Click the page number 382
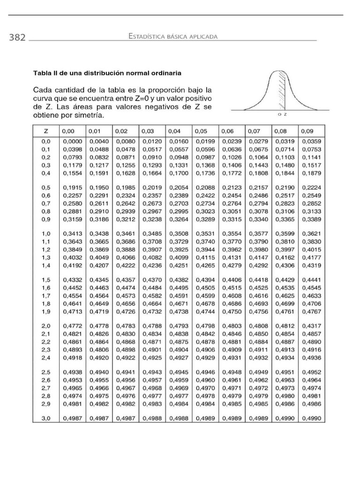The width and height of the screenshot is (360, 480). pos(17,37)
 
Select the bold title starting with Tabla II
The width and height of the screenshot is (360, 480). pos(107,73)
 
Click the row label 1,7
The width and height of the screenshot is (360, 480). pos(46,296)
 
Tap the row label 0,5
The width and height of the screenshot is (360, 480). pos(46,187)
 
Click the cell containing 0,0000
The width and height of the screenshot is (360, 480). pos(72,141)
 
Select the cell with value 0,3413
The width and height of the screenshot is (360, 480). pos(72,233)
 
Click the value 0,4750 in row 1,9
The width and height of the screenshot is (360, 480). pos(231,311)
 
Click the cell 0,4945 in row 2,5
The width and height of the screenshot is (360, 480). pos(178,371)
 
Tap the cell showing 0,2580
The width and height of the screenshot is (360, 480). pos(72,203)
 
